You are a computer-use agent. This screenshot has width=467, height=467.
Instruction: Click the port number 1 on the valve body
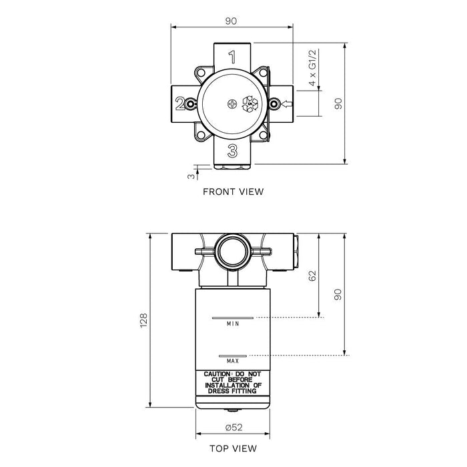click(x=232, y=57)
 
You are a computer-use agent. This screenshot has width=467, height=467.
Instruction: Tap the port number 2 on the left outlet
click(x=179, y=103)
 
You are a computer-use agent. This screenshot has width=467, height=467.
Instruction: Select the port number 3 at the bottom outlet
click(x=232, y=149)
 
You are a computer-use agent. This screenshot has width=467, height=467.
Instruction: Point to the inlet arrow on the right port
click(x=287, y=103)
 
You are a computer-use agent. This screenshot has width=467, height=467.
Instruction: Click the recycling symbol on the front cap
click(x=252, y=103)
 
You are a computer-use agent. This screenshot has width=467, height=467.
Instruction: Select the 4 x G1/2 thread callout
click(x=312, y=69)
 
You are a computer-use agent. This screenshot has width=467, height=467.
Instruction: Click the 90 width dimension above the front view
click(x=231, y=21)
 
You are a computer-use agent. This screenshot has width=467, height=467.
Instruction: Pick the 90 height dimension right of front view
click(x=338, y=103)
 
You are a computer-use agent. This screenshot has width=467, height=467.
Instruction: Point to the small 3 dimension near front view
click(x=190, y=175)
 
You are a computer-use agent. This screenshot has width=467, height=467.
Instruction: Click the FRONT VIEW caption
click(x=233, y=191)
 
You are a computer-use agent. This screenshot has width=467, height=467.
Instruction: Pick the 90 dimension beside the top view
click(x=338, y=294)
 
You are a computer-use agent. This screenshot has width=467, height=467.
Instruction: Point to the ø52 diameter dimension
click(x=232, y=427)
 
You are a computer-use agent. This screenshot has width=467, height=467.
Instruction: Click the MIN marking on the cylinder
click(x=232, y=324)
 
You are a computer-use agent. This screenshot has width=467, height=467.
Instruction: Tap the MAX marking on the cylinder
click(x=232, y=360)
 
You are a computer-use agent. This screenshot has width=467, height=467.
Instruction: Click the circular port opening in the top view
click(x=232, y=253)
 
